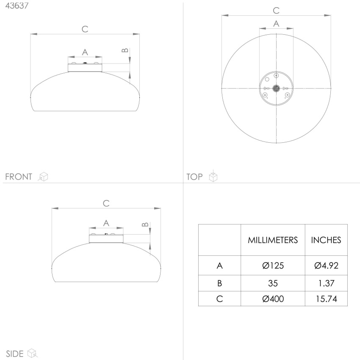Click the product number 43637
[17, 6]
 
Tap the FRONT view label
[19, 177]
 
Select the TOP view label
[194, 177]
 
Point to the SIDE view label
[15, 354]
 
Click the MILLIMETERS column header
[273, 240]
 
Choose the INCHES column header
[326, 240]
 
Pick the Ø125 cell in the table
[273, 266]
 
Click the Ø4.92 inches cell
[326, 266]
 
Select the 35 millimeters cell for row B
[273, 283]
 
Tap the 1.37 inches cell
[326, 283]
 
